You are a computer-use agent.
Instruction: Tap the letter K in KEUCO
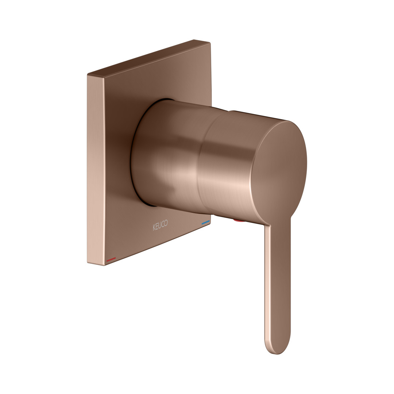click(x=154, y=227)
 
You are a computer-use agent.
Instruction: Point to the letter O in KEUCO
click(x=166, y=223)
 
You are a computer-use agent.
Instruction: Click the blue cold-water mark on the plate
click(x=205, y=223)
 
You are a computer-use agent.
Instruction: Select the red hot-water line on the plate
click(x=111, y=259)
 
